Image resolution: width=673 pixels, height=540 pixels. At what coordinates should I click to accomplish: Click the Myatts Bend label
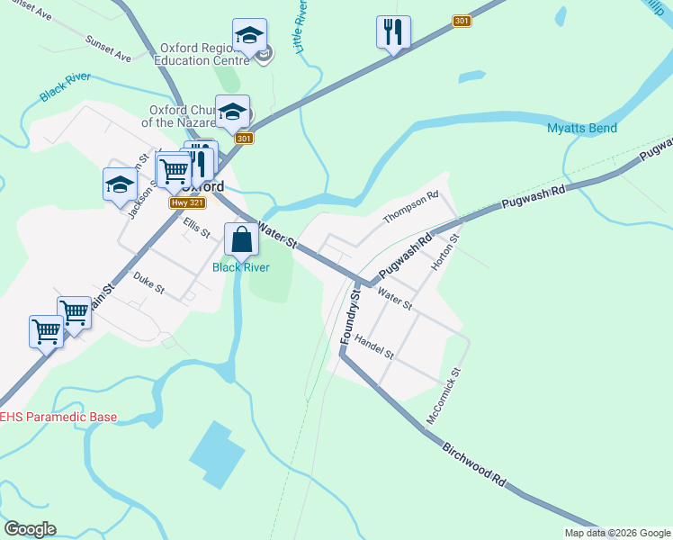coord(582,129)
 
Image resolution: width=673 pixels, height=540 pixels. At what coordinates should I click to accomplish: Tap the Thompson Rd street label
coord(410,208)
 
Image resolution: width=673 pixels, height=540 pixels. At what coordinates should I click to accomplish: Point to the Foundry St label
coord(351,315)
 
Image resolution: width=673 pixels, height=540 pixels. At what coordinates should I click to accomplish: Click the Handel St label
coord(374,347)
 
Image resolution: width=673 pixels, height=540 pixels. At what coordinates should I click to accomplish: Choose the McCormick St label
coord(443,396)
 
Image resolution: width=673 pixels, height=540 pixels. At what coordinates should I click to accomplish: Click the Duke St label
coord(149,283)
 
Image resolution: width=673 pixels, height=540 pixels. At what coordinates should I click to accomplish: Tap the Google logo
coord(30,529)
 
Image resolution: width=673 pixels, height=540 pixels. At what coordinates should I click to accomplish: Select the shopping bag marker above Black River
coord(241,240)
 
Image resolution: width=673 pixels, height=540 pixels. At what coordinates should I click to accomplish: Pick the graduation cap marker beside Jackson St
coord(120,184)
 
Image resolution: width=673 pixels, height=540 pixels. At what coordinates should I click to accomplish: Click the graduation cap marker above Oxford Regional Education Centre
coord(249,36)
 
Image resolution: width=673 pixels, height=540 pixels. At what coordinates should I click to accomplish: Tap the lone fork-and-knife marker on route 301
coord(393,32)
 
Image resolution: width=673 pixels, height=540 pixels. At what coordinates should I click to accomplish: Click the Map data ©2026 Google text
coord(617,533)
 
